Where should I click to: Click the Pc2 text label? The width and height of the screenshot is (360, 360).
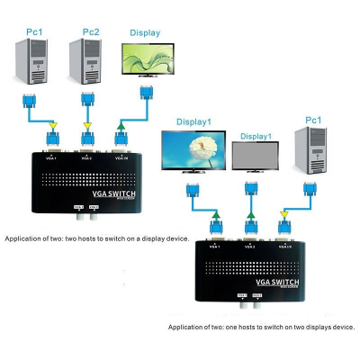[x=91, y=32]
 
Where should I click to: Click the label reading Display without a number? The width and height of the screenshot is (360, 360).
[x=144, y=32]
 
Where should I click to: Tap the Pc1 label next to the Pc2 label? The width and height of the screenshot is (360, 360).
[x=35, y=32]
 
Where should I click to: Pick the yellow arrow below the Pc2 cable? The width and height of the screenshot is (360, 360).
[x=87, y=125]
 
